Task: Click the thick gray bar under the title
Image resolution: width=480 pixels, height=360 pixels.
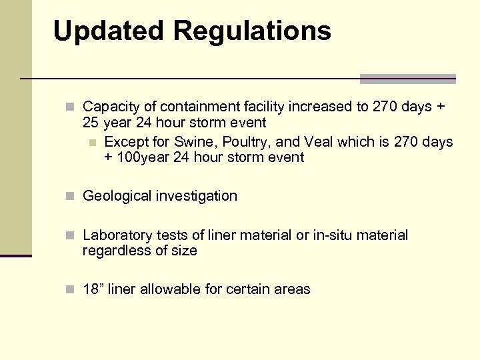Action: (x=407, y=79)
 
